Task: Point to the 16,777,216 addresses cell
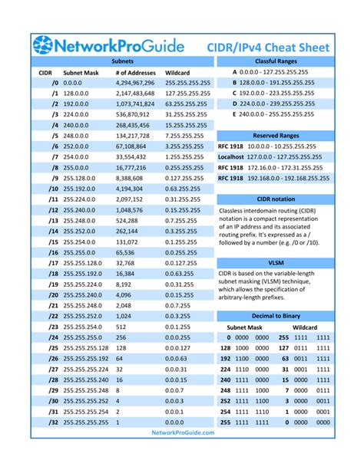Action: (x=133, y=166)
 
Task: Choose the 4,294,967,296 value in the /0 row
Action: (x=137, y=81)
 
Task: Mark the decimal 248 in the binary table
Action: (x=225, y=389)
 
